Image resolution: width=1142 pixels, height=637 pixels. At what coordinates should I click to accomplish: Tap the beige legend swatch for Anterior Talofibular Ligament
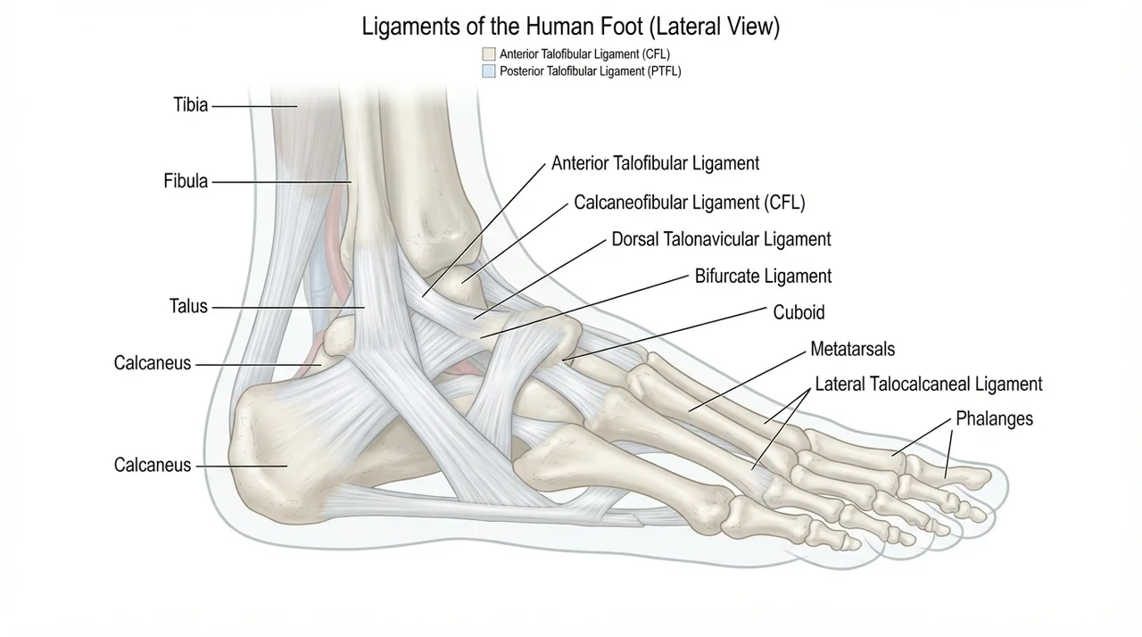488,54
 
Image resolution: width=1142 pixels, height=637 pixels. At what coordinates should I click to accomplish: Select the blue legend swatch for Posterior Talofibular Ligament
488,70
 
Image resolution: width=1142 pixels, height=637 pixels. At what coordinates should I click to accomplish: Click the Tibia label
191,105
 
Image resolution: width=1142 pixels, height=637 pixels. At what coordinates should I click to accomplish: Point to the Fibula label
186,181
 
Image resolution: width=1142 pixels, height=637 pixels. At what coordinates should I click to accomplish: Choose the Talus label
188,306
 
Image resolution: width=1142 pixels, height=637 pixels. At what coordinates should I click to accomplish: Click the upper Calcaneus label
153,363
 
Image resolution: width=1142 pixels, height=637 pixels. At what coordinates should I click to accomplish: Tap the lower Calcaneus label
153,466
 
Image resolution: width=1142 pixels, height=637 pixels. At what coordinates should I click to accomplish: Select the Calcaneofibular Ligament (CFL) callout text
690,203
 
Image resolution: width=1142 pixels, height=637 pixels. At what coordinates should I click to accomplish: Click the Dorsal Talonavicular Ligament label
721,239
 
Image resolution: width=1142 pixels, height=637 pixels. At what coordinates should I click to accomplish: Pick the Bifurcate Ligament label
763,277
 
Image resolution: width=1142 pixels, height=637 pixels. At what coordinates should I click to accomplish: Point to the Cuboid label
799,312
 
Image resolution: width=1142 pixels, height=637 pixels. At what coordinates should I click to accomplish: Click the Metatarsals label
852,349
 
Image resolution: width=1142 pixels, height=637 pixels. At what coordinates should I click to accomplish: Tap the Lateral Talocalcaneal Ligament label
929,385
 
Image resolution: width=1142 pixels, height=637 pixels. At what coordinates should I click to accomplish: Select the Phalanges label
994,418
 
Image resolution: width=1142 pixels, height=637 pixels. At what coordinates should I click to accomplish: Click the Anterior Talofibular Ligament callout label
655,163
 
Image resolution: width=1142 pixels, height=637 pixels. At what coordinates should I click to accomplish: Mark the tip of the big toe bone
990,477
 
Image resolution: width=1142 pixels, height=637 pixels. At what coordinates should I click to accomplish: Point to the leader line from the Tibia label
254,106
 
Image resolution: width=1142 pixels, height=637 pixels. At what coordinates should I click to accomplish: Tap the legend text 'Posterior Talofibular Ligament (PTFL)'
591,71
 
